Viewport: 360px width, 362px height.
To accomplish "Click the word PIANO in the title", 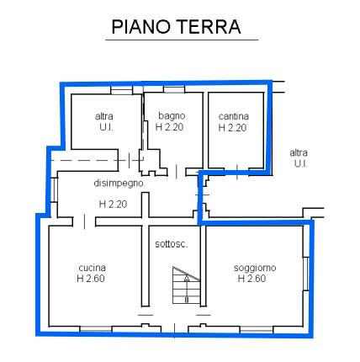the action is (141, 27).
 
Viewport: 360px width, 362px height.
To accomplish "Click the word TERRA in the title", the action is (209, 27).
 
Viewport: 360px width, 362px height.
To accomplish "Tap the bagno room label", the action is (172, 115).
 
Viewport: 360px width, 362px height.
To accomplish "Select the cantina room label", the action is (234, 116).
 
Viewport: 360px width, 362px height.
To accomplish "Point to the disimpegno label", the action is (119, 184).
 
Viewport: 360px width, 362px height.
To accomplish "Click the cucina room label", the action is (92, 268).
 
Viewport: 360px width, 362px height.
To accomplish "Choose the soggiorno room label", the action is (255, 268).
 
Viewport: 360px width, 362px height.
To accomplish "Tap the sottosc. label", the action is (172, 244).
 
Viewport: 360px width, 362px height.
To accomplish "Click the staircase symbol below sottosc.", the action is (186, 285).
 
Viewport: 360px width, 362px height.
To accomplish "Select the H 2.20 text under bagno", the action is (169, 127).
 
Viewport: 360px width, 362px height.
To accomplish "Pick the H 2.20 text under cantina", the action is (232, 128).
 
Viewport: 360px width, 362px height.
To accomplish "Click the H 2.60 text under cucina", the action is (91, 279).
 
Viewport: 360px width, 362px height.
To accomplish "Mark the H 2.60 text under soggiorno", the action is (251, 279).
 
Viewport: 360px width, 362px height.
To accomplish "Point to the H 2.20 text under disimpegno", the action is (113, 204).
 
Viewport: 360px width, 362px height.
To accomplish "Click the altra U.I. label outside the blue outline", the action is (299, 158).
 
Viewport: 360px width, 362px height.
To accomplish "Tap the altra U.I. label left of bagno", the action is (104, 121).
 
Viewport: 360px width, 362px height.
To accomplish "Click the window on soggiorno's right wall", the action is (306, 274).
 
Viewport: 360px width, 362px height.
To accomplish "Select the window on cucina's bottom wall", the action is (96, 328).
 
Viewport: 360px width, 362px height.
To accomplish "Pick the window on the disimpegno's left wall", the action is (55, 190).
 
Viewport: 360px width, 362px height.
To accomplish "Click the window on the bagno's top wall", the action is (174, 89).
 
